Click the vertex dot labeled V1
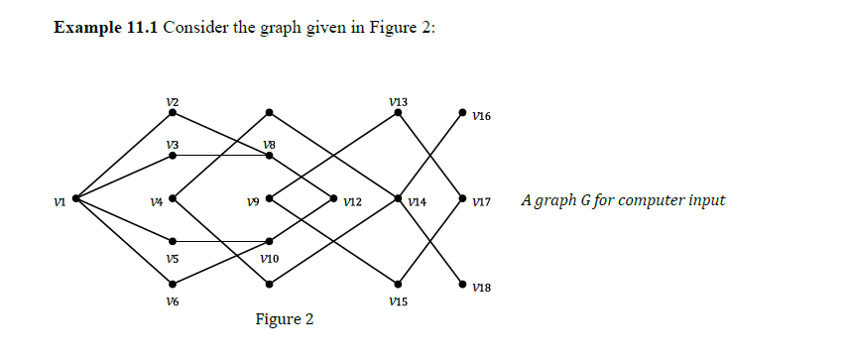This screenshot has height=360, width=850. click(74, 198)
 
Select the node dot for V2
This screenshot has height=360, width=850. click(173, 113)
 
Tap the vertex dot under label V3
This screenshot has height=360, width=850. click(173, 156)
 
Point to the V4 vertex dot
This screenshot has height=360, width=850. click(173, 198)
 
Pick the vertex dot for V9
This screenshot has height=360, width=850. click(269, 198)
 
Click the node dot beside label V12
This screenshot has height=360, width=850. click(333, 198)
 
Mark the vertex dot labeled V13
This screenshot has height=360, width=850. click(398, 113)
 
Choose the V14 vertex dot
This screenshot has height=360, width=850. click(398, 198)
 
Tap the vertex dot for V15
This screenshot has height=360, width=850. click(398, 284)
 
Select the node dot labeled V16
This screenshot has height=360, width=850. click(462, 113)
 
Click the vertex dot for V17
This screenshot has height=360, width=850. click(462, 198)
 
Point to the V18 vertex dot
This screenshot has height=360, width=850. click(462, 284)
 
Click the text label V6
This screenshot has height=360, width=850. click(173, 300)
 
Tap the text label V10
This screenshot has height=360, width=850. click(270, 258)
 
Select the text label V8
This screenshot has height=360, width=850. click(270, 145)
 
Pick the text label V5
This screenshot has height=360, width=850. click(173, 258)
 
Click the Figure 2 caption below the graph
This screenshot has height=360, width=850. click(284, 319)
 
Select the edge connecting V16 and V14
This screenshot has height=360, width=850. click(430, 156)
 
